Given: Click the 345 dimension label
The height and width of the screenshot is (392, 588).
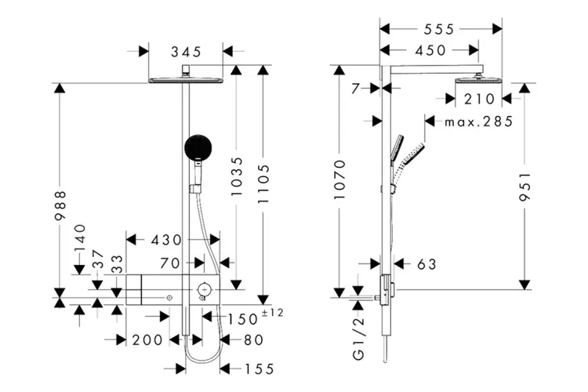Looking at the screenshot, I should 186,52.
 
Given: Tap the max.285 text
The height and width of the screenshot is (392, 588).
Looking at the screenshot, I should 478,122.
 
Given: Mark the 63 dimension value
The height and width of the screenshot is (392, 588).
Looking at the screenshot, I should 426,264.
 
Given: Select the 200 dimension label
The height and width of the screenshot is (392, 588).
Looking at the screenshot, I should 147,339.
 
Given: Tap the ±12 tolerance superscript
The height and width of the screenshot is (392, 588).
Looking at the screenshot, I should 271,313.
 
